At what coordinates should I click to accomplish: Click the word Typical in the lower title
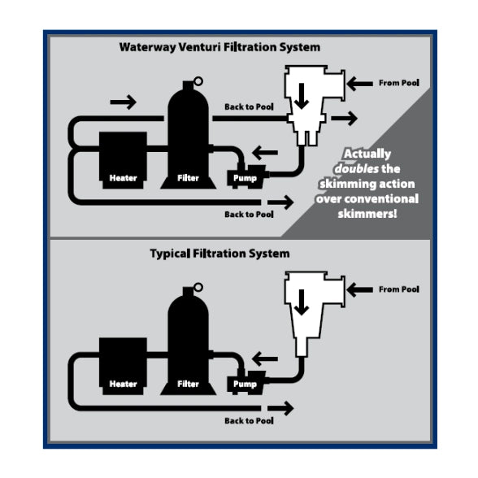[170, 254]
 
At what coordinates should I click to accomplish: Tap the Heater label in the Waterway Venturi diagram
[124, 178]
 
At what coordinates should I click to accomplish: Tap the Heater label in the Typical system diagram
[124, 384]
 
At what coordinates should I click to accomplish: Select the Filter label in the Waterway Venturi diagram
[188, 178]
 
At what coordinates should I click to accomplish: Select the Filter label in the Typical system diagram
[188, 384]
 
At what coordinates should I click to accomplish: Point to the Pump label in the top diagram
[245, 178]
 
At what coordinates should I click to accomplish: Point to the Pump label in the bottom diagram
[245, 384]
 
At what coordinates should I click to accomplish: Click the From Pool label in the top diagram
[399, 83]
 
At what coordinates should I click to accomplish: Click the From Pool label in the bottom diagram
[399, 289]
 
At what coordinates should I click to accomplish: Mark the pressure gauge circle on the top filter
[198, 81]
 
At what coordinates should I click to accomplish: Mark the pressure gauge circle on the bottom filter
[198, 287]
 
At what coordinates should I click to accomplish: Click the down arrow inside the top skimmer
[302, 96]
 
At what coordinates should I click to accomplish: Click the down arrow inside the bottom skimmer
[302, 302]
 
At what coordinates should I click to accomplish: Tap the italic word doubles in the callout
[357, 169]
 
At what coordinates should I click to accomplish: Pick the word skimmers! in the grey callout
[367, 214]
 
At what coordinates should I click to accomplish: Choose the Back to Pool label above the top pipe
[249, 107]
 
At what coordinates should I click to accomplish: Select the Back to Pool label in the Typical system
[249, 421]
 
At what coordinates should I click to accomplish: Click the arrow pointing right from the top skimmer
[345, 119]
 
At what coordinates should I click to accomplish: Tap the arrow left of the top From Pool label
[359, 84]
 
